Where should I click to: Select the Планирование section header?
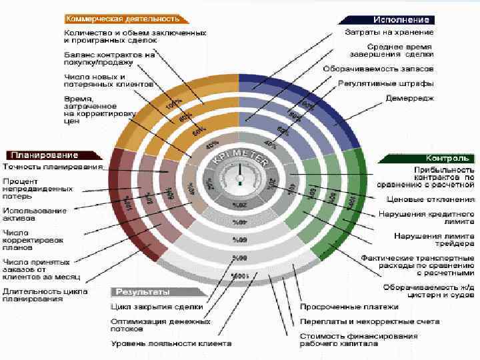point(41,155)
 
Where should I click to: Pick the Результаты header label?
point(143,292)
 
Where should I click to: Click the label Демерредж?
point(409,97)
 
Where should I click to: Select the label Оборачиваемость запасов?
point(378,69)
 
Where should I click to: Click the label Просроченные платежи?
point(349,307)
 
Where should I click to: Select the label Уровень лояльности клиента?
point(171,344)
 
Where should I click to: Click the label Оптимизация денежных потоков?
point(149,325)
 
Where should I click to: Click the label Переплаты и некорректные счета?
point(369,321)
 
